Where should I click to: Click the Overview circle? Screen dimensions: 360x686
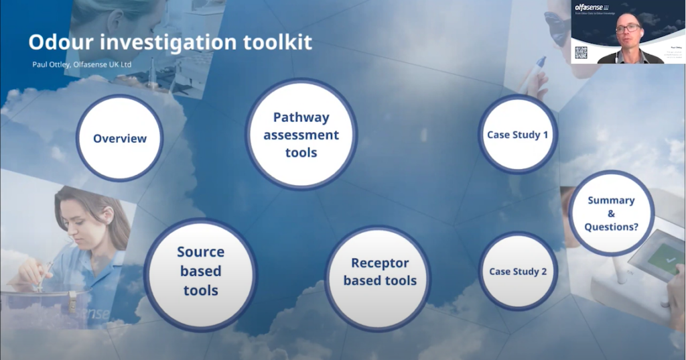[119, 138]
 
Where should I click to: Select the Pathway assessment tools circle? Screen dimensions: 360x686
[301, 134]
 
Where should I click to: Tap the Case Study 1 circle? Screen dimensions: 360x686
[518, 135]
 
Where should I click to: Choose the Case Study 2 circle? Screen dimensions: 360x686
[518, 272]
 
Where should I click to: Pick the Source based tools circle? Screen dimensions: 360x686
[200, 271]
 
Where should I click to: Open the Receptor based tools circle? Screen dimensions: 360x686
[380, 272]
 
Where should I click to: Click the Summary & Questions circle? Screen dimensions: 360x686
[611, 213]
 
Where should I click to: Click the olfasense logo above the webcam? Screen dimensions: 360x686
[589, 7]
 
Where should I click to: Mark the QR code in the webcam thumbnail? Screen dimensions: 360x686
[581, 52]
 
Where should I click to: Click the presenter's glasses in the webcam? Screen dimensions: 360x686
[628, 28]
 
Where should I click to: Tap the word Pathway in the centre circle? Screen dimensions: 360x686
[301, 117]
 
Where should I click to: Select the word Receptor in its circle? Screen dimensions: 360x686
[380, 263]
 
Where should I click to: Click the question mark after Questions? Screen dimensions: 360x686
[636, 227]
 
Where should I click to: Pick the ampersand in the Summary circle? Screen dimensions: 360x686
[611, 214]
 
